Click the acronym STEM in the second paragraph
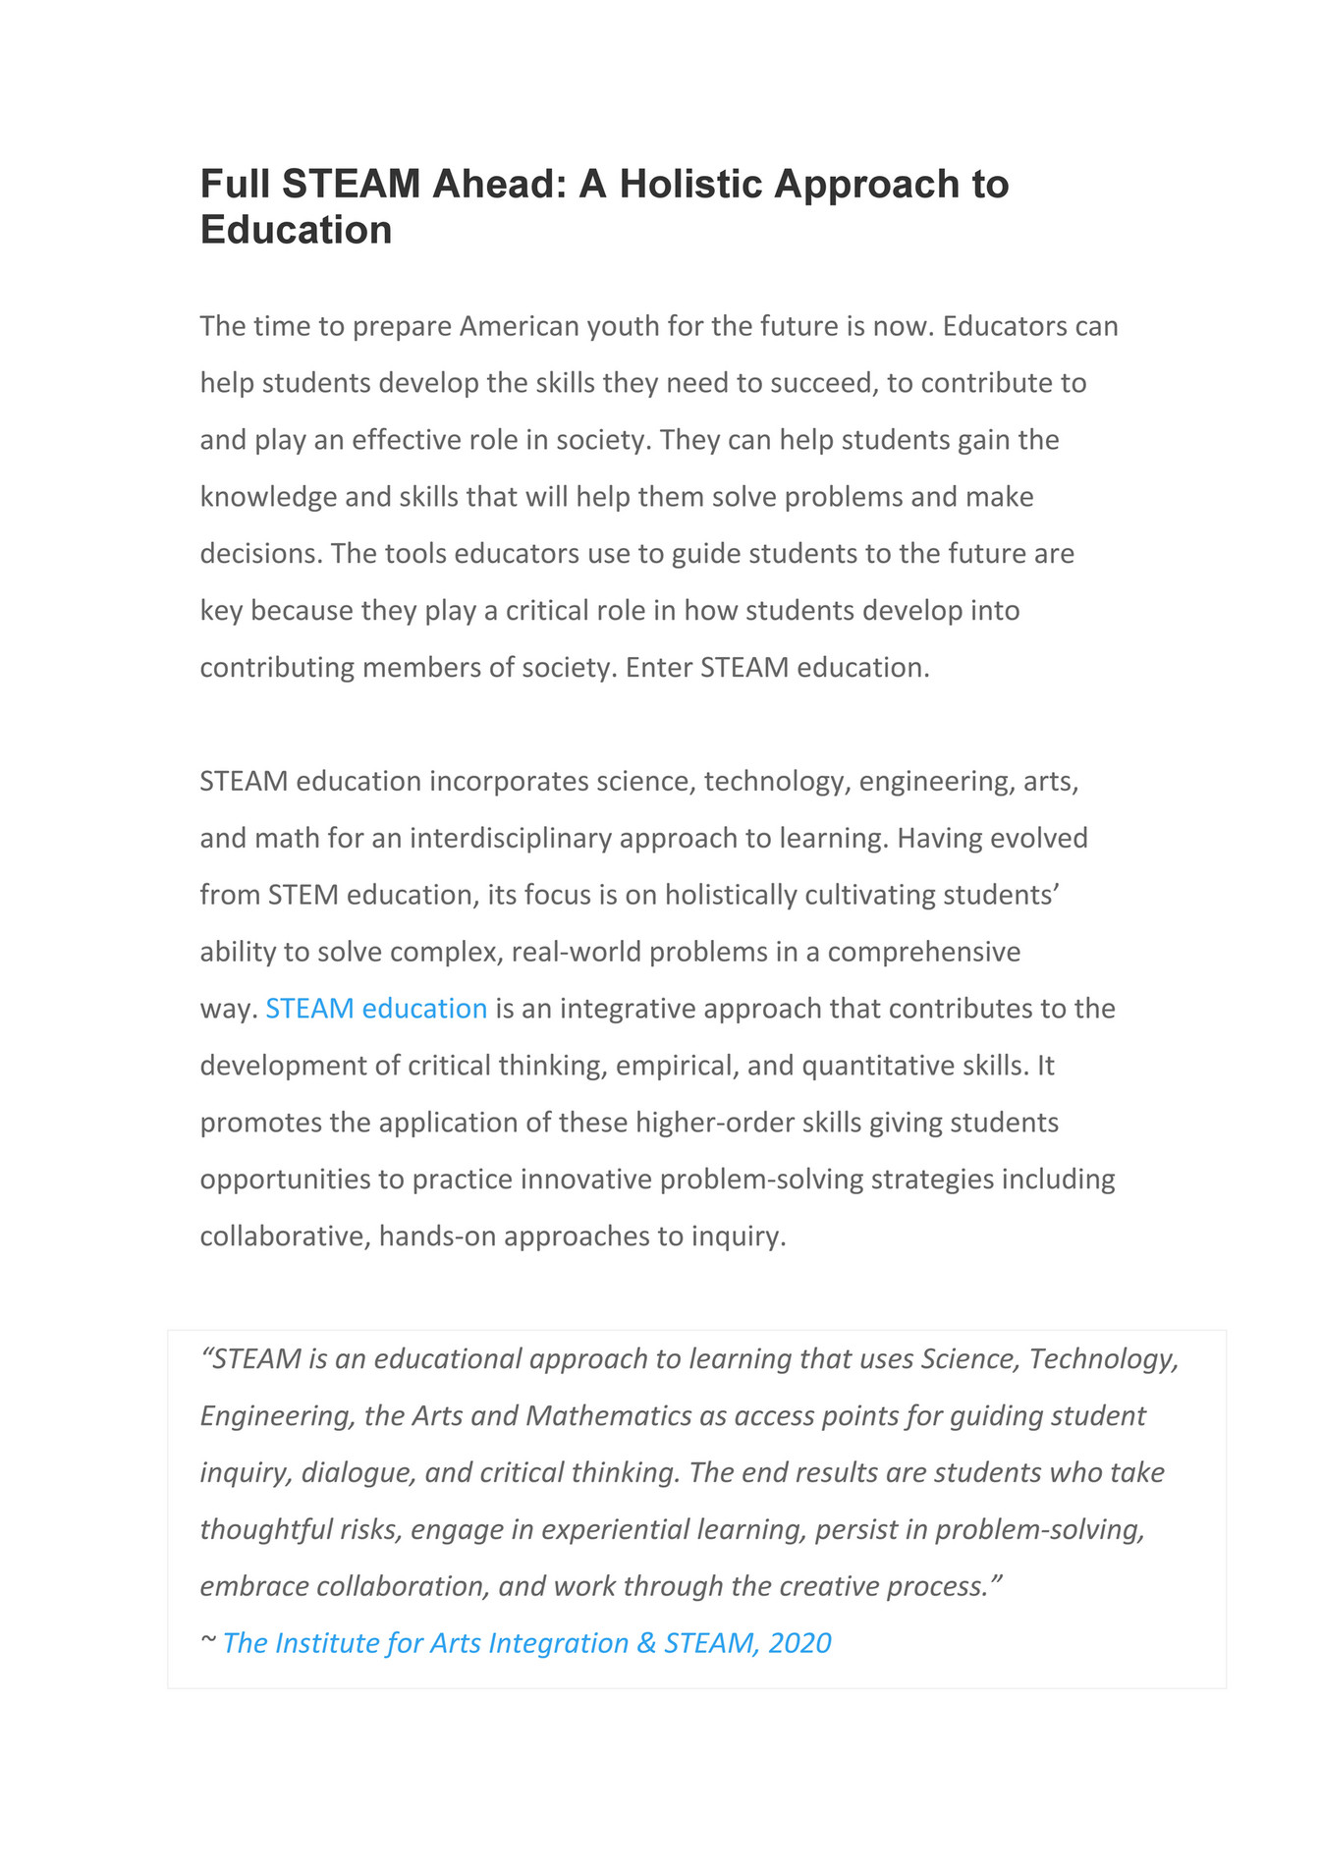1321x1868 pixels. (x=303, y=896)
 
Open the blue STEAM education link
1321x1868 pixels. (x=376, y=1009)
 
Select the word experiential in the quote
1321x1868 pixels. (x=615, y=1530)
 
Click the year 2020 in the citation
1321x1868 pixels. (x=799, y=1644)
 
